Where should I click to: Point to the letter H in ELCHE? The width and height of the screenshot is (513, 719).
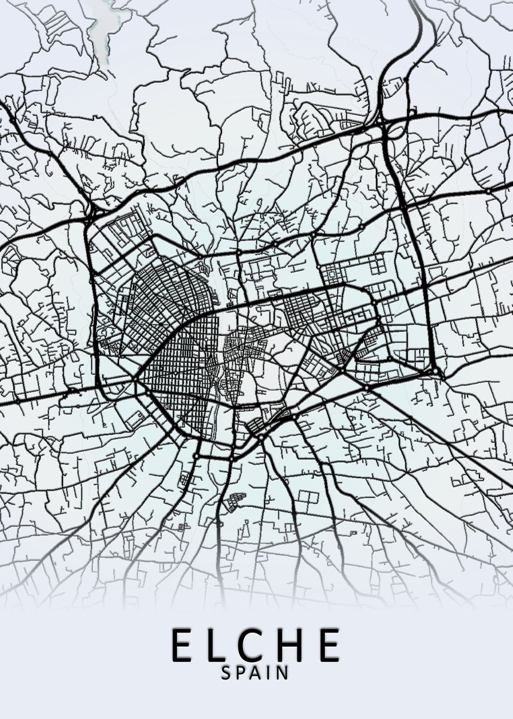293,645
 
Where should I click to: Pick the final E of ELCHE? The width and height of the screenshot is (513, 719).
329,645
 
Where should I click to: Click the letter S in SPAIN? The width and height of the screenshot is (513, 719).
226,673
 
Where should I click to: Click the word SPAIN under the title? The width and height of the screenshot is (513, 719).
254,673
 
